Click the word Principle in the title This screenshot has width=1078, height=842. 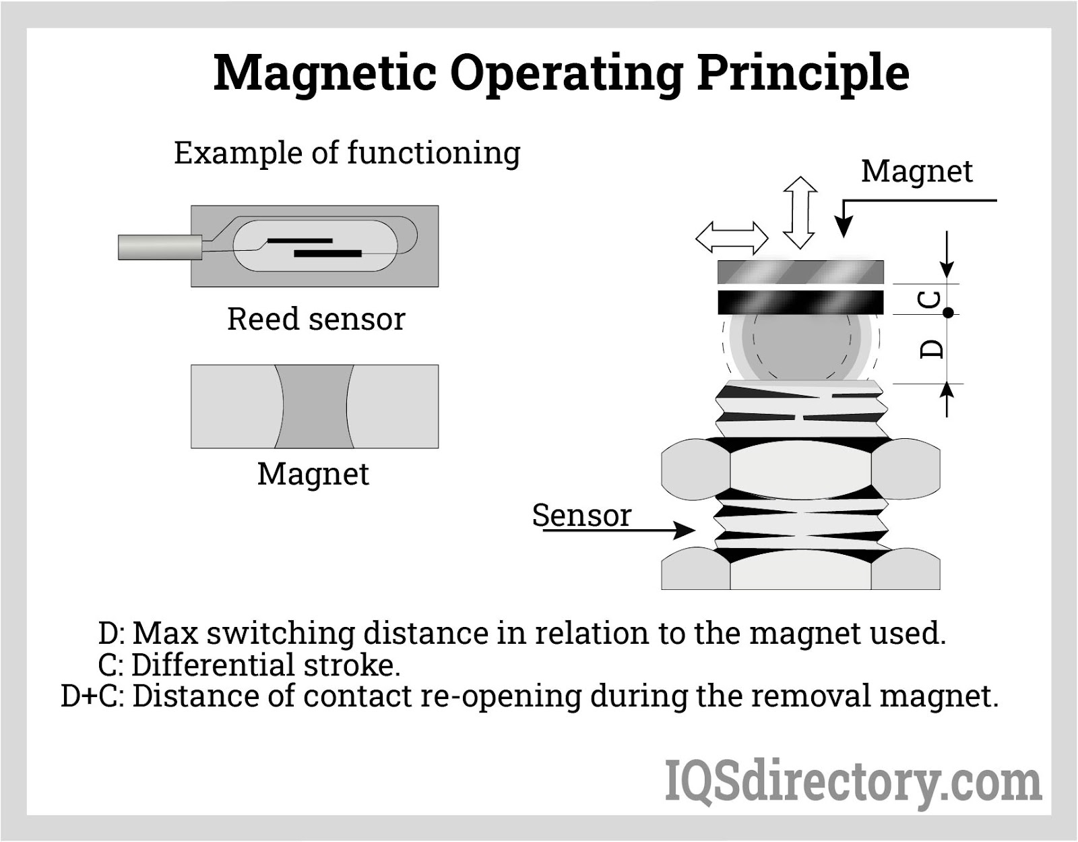coord(802,73)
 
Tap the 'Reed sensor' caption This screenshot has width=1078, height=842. coord(316,319)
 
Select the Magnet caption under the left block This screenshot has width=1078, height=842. coord(313,474)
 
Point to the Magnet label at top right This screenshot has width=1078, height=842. coord(916,171)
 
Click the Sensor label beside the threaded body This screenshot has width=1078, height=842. coord(581,516)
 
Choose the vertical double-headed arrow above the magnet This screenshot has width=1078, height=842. coord(800,213)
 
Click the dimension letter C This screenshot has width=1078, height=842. coord(930,299)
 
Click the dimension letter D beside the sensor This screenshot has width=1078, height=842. coord(932,348)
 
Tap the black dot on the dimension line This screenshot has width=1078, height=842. coord(948,313)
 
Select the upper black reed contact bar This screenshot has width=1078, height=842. coord(300,240)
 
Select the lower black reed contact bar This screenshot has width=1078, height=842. coord(328,253)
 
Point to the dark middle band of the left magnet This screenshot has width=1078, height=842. coord(314,407)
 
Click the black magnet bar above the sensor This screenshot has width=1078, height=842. coord(800,302)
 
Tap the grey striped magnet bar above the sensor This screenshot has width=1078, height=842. coord(800,272)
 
